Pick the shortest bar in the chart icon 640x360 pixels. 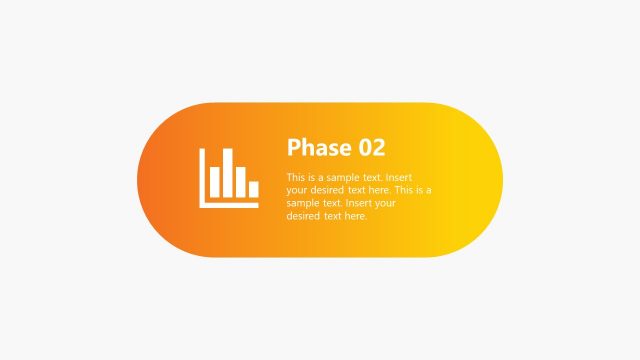point(253,189)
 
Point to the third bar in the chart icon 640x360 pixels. point(240,182)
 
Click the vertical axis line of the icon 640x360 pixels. point(203,177)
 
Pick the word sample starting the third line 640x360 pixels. point(302,203)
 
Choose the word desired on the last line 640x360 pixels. point(303,216)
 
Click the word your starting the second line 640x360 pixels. point(297,190)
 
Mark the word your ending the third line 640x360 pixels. point(387,203)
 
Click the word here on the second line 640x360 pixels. point(379,190)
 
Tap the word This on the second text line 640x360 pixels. point(405,190)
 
